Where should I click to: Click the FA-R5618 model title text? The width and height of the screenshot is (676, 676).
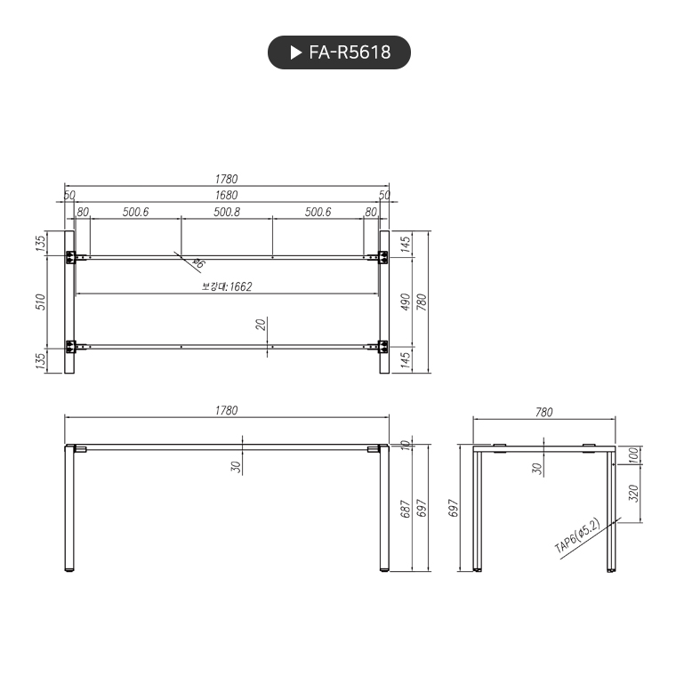350,52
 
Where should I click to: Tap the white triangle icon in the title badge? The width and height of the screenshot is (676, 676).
295,52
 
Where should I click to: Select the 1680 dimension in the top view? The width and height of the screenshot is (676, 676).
226,195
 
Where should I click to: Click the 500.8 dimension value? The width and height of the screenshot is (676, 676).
226,212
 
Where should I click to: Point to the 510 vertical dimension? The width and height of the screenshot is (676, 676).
39,302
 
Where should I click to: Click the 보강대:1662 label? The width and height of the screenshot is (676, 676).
227,286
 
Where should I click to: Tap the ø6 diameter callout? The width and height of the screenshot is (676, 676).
198,263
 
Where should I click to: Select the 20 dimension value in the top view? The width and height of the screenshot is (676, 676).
261,324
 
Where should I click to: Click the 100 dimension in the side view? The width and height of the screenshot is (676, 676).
633,455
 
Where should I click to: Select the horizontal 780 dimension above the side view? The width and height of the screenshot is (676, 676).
543,412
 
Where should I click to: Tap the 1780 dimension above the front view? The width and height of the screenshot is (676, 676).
226,410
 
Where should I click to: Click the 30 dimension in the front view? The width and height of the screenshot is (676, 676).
237,465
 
